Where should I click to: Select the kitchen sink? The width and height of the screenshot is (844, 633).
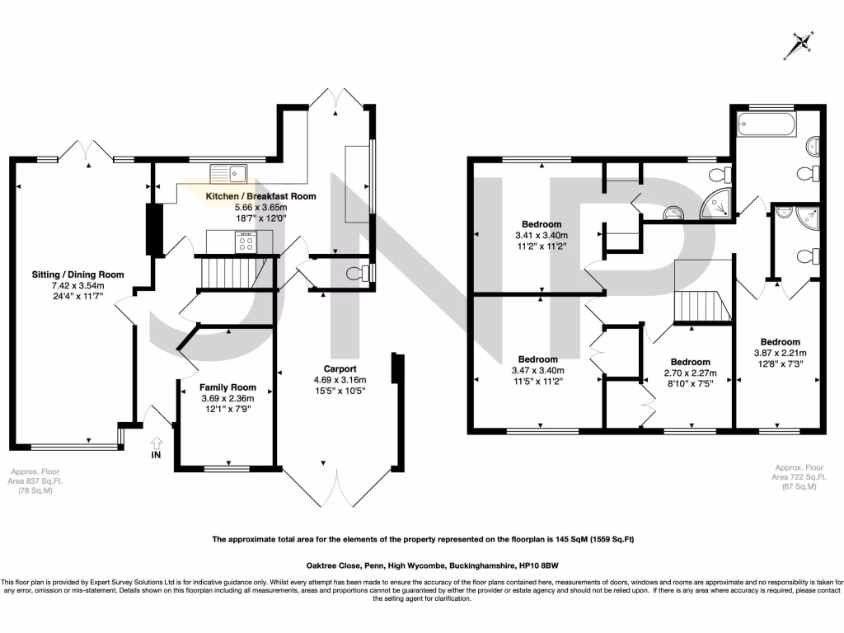pyautogui.click(x=229, y=173)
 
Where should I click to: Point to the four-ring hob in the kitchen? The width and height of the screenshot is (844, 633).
pyautogui.click(x=246, y=241)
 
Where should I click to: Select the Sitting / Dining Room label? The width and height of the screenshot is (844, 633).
pyautogui.click(x=77, y=274)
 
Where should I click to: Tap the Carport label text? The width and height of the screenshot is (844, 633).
pyautogui.click(x=339, y=369)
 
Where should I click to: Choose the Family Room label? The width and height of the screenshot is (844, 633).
pyautogui.click(x=227, y=387)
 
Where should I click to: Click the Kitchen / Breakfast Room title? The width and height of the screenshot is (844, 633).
pyautogui.click(x=260, y=196)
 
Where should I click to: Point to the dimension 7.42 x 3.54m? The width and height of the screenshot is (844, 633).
pyautogui.click(x=77, y=285)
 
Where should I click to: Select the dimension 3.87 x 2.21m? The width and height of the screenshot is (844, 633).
pyautogui.click(x=780, y=353)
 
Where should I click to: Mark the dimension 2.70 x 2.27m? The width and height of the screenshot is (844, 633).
pyautogui.click(x=690, y=373)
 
